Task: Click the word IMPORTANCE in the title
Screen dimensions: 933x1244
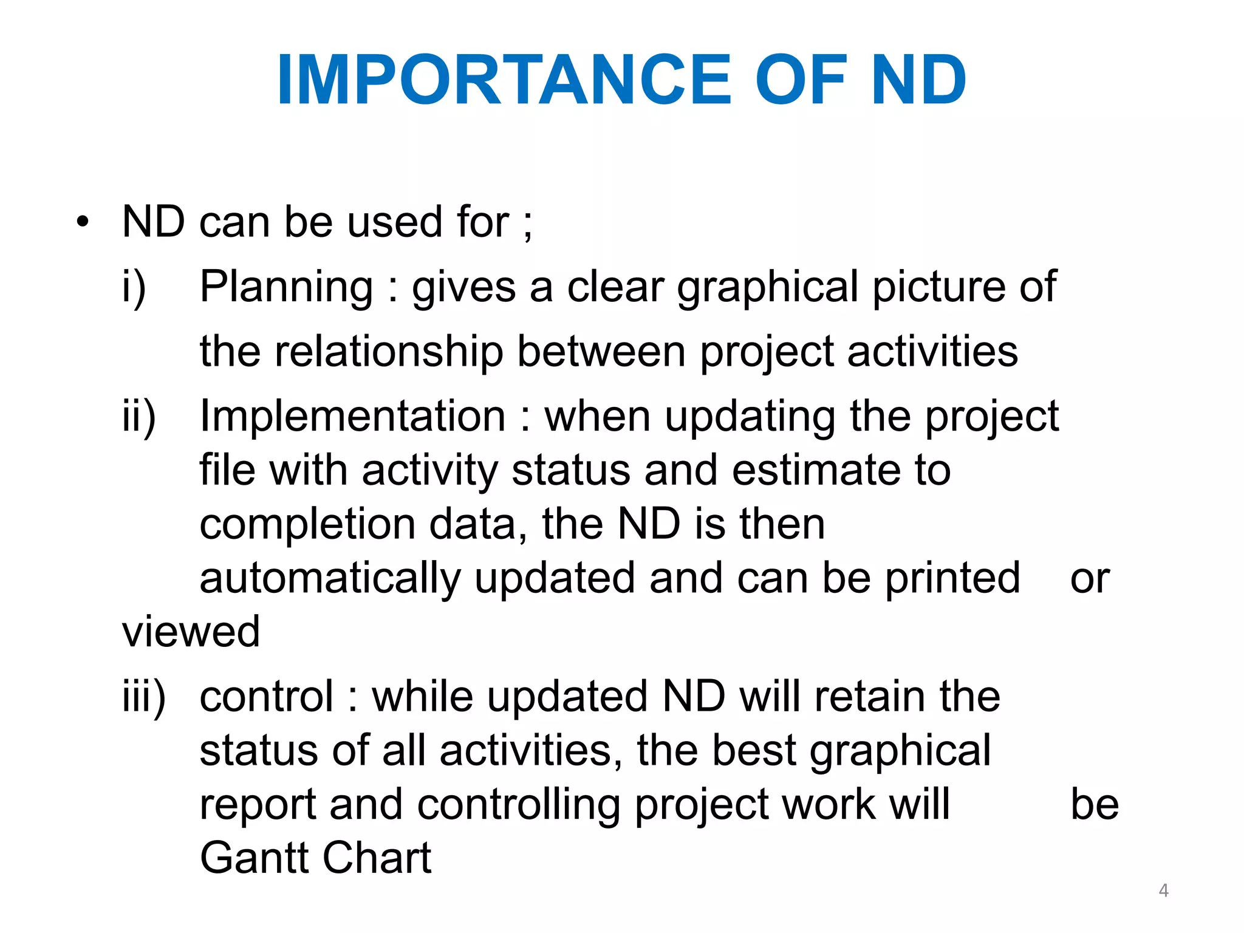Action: click(x=504, y=80)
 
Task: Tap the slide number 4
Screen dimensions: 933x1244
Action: click(x=1163, y=890)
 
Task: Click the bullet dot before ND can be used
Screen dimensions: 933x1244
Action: click(x=83, y=222)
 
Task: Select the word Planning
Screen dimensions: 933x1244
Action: click(x=286, y=287)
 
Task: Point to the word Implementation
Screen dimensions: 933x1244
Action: click(x=352, y=417)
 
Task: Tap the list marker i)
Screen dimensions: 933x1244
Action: click(x=134, y=287)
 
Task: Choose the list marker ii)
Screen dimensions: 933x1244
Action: click(x=139, y=417)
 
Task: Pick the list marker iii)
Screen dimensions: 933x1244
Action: click(x=143, y=697)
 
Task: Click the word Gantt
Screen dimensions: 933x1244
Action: click(x=254, y=858)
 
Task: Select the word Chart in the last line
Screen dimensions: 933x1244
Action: click(x=377, y=858)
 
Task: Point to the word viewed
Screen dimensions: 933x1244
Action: click(x=191, y=632)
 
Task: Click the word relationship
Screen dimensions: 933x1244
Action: click(x=389, y=352)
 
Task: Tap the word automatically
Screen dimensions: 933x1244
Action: click(x=330, y=579)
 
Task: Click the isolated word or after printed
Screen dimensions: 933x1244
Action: click(x=1090, y=579)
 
